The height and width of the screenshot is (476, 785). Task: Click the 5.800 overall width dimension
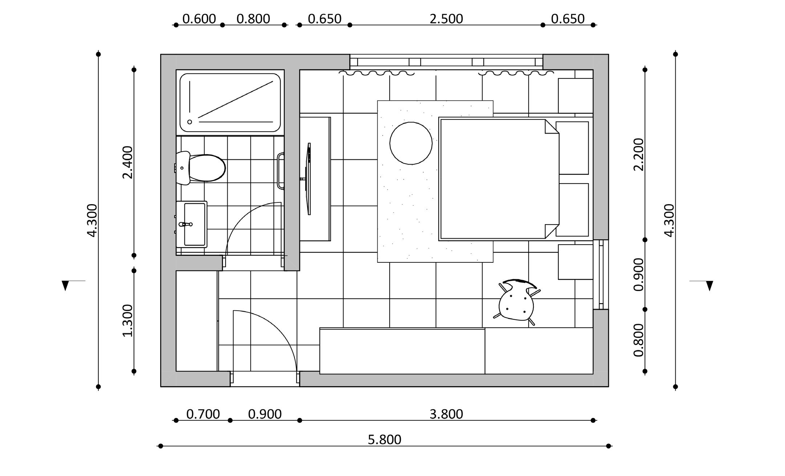[385, 440]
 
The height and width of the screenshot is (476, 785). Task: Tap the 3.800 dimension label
[446, 414]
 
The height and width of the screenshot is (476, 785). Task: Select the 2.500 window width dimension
[446, 19]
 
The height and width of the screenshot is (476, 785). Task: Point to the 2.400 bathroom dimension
[128, 162]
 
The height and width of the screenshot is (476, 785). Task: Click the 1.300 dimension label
[128, 320]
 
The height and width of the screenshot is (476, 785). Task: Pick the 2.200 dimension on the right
[638, 154]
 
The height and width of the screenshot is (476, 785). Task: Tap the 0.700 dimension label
[203, 414]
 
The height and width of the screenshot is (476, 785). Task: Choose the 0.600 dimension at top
[199, 19]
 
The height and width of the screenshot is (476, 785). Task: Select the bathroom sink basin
[194, 224]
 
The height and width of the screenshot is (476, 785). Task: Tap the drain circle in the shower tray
[190, 122]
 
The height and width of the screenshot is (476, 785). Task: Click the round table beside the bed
[411, 143]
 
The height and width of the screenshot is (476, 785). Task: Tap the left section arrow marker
[65, 285]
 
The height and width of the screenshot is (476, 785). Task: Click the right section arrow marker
[709, 285]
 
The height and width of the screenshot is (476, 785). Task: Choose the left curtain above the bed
[377, 73]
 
